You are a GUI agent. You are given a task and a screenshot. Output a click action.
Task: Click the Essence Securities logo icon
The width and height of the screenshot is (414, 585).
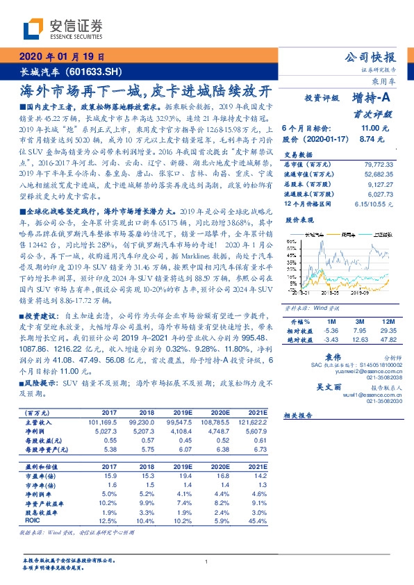31,28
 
